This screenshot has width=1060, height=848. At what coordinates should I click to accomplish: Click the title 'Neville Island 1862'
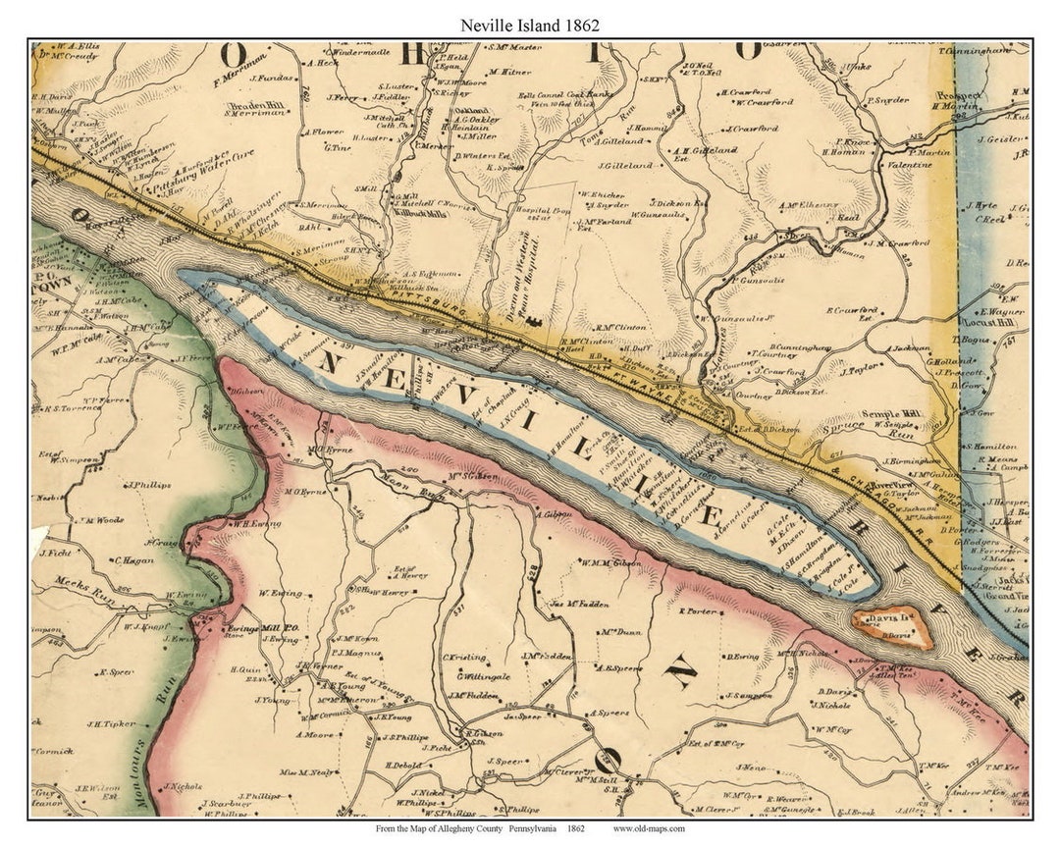point(530,25)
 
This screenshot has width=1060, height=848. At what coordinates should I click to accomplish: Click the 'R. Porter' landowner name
point(699,610)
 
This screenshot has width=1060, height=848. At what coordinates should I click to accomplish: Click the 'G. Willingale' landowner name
point(481,676)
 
